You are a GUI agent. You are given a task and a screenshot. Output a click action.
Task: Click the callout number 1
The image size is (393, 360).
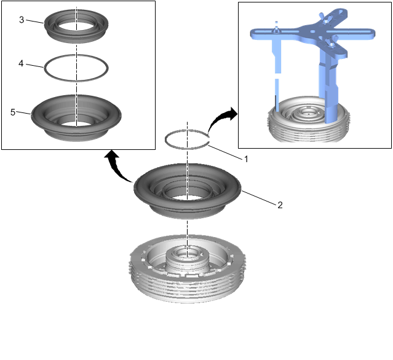click(246, 159)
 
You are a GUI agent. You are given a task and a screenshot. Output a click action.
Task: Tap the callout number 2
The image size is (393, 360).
click(280, 205)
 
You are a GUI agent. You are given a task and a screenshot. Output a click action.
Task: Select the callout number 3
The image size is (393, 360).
click(22, 20)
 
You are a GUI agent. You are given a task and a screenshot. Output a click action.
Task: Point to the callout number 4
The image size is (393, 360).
click(21, 64)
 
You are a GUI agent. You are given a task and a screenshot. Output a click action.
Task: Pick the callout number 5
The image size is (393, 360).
click(13, 112)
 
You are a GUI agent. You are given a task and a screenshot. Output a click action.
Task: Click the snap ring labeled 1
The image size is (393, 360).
click(187, 148)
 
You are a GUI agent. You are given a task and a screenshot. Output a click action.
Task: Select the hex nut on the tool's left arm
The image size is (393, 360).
click(276, 31)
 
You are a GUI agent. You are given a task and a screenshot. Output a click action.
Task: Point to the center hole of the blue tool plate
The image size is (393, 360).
click(312, 32)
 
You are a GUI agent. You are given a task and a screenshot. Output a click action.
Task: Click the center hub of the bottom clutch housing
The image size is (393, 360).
click(188, 258)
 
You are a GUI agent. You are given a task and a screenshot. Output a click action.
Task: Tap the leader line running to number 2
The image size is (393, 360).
click(259, 197)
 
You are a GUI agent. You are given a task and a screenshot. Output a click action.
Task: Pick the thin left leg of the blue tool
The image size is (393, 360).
click(277, 75)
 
